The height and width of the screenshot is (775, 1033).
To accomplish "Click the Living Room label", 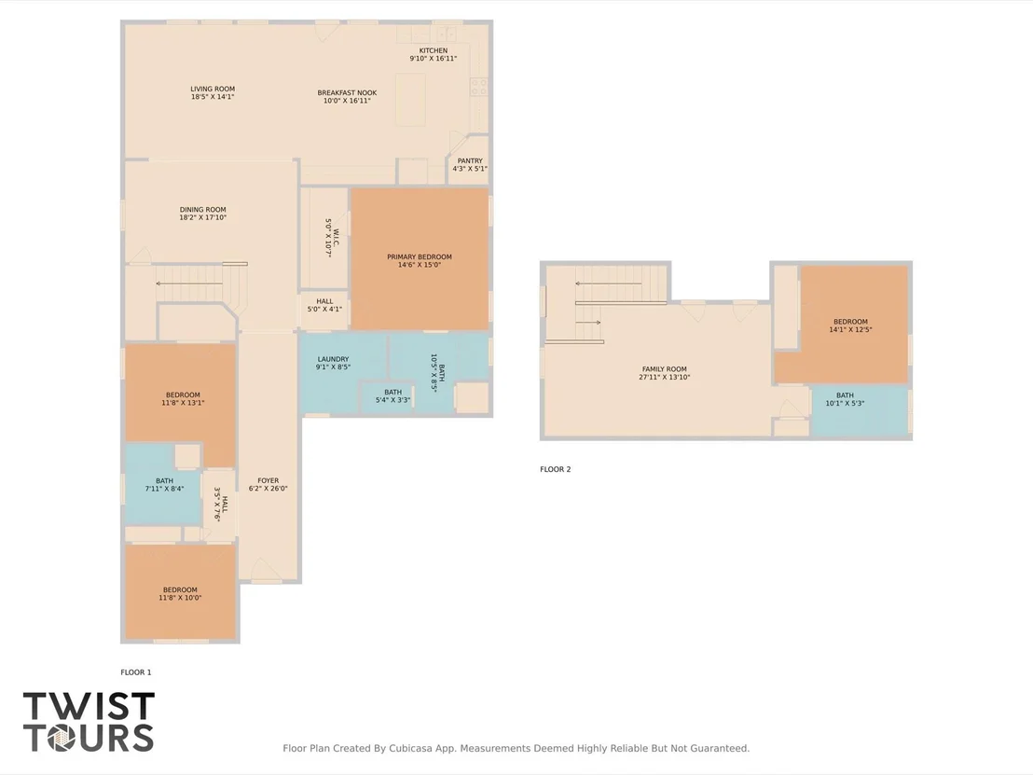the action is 213,89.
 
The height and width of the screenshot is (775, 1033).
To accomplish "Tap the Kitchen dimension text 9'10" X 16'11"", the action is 433,59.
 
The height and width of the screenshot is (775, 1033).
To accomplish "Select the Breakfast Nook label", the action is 347,93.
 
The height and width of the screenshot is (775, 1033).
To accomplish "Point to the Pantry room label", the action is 470,160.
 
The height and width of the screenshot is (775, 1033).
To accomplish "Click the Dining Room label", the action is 203,210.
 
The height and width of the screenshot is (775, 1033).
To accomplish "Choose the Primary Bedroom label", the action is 420,257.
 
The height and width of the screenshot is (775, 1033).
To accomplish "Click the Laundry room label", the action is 334,359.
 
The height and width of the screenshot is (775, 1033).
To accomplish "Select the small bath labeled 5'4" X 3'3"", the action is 393,396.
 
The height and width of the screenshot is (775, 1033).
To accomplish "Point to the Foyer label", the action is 269,480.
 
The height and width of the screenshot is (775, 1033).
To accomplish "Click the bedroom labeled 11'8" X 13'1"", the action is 183,399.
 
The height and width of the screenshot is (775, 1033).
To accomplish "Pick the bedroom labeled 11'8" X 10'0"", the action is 180,594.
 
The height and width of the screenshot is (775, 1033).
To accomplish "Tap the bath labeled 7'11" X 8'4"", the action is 165,485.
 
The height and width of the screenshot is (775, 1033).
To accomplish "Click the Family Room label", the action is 664,369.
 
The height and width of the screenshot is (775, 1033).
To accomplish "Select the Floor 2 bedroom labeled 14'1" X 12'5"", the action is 850,325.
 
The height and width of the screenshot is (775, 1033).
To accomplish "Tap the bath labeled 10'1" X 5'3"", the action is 845,399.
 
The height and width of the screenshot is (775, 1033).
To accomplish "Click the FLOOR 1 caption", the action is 136,672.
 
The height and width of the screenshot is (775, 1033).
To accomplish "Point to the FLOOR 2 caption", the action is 556,469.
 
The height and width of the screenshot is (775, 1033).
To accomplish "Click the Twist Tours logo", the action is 89,722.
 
